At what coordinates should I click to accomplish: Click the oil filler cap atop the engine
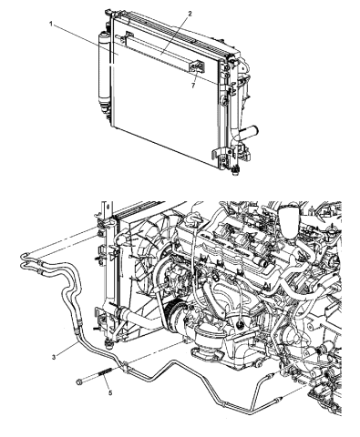click(292, 219)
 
